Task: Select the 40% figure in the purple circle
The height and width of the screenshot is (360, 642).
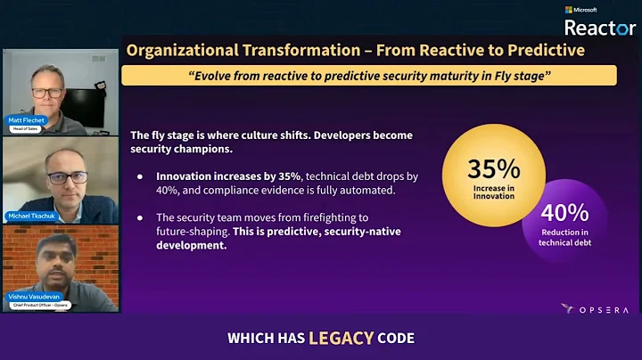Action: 564,212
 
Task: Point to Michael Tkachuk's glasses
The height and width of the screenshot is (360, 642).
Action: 68,177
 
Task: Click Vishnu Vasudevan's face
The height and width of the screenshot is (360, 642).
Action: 55,260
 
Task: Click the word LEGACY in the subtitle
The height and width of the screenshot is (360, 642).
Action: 336,338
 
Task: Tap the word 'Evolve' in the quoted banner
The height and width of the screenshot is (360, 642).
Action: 209,75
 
